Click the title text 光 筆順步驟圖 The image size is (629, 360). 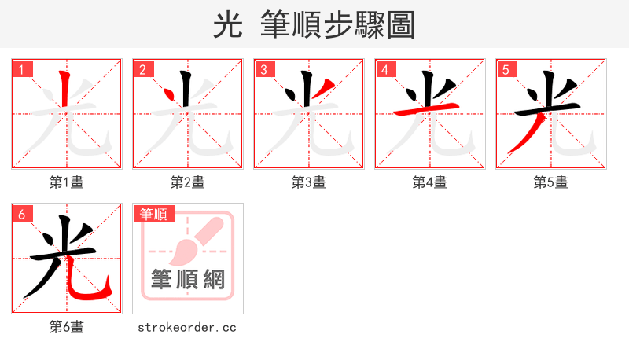314,25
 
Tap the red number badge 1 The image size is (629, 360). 22,69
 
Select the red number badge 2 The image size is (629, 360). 142,69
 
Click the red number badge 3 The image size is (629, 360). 264,69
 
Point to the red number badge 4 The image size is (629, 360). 384,69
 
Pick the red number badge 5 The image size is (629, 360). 506,69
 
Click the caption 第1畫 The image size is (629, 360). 67,182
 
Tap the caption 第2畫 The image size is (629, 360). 188,182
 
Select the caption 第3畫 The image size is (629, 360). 309,182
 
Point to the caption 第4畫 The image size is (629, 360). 430,182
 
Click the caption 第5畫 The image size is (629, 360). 551,182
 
